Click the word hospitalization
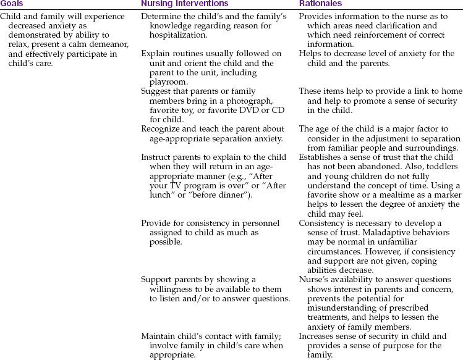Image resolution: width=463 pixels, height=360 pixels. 178,33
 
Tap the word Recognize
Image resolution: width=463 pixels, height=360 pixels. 163,129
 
